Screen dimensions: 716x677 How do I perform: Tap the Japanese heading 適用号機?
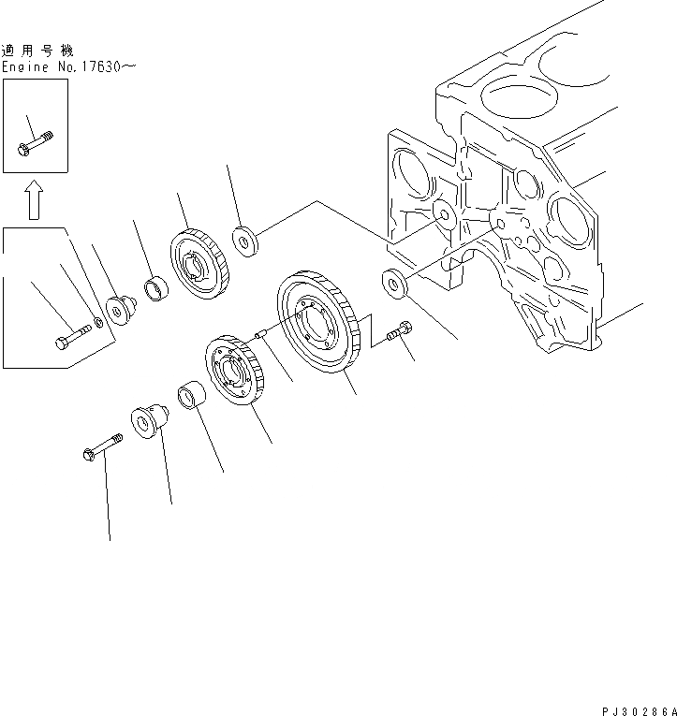pyautogui.click(x=37, y=51)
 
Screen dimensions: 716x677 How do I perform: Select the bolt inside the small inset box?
pyautogui.click(x=35, y=145)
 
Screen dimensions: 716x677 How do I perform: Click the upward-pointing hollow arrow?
pyautogui.click(x=34, y=199)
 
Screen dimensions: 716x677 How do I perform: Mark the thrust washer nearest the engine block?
pyautogui.click(x=394, y=284)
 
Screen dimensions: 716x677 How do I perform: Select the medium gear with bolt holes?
pyautogui.click(x=235, y=376)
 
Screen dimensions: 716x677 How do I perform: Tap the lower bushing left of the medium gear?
pyautogui.click(x=191, y=401)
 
